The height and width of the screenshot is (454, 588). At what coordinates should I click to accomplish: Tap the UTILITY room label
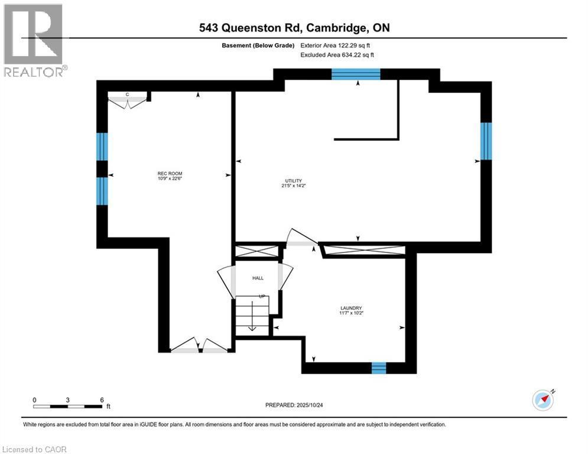coord(294,180)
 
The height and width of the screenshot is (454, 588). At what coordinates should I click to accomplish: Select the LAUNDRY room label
coord(351,308)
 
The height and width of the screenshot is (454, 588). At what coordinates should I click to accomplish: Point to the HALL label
coord(258,278)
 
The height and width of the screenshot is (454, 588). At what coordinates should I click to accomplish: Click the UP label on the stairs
coord(261,296)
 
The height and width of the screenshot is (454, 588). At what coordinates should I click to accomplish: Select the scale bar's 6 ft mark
coord(102,400)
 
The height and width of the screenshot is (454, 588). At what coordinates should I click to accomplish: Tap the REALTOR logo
coord(34,41)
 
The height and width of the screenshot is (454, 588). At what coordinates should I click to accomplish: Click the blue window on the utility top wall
coord(355,74)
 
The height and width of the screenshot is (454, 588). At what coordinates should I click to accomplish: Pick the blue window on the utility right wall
coord(486,141)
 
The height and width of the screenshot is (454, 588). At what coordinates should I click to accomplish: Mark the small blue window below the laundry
coord(378,368)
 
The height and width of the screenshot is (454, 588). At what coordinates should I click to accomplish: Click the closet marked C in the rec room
coord(128,99)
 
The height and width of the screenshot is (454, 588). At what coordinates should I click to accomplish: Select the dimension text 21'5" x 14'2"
coord(294,186)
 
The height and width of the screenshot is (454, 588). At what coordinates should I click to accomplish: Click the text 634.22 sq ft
coord(355,55)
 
